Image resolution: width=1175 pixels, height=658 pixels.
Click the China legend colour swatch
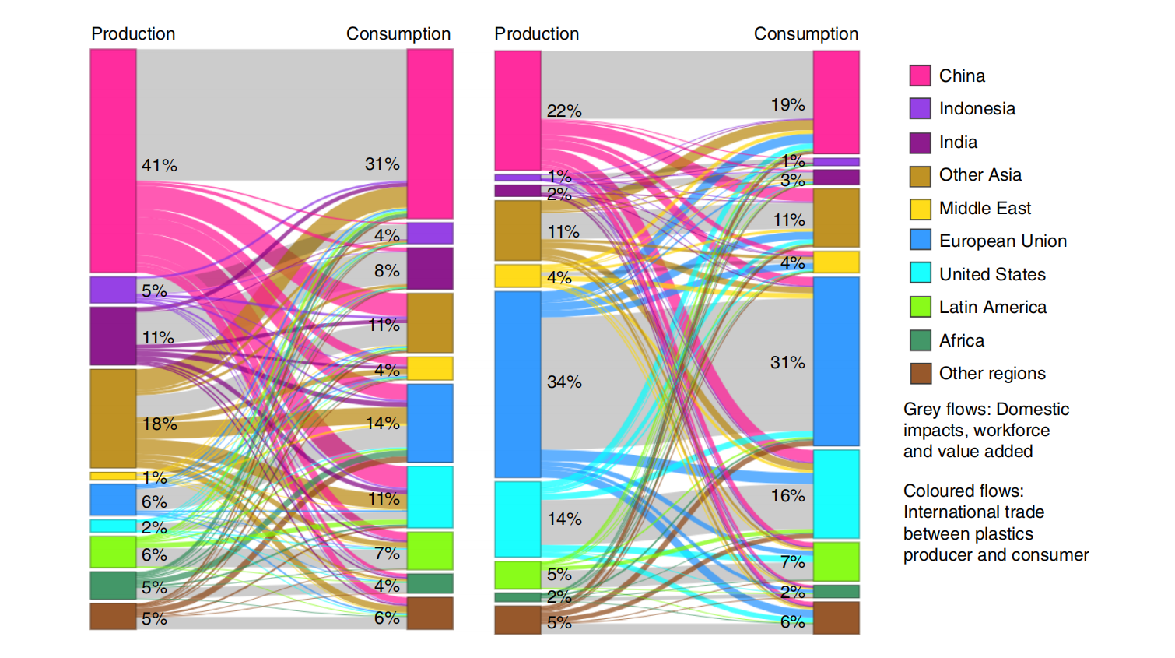[x=920, y=76]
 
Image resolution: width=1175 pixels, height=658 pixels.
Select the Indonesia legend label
[x=977, y=109]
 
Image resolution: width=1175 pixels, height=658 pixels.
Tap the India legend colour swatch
[x=920, y=143]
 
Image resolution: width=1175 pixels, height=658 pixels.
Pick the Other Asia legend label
[x=980, y=175]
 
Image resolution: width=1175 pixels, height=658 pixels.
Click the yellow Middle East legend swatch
[x=920, y=209]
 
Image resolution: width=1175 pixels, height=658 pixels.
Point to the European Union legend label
[x=1002, y=241]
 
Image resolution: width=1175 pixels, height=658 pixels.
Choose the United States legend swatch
[x=920, y=273]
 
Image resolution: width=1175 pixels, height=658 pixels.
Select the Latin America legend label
[x=992, y=308]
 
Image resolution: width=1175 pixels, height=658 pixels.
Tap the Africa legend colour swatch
[x=920, y=340]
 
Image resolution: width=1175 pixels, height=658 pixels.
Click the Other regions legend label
[x=992, y=374]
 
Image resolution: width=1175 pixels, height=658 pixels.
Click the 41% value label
[x=160, y=166]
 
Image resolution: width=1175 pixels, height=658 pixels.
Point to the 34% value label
[x=564, y=382]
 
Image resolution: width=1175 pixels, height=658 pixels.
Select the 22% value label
[x=564, y=111]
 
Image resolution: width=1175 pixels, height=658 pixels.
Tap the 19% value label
[x=787, y=105]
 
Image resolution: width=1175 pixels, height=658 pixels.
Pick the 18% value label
[x=160, y=424]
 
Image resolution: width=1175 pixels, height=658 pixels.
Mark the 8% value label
[x=387, y=271]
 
